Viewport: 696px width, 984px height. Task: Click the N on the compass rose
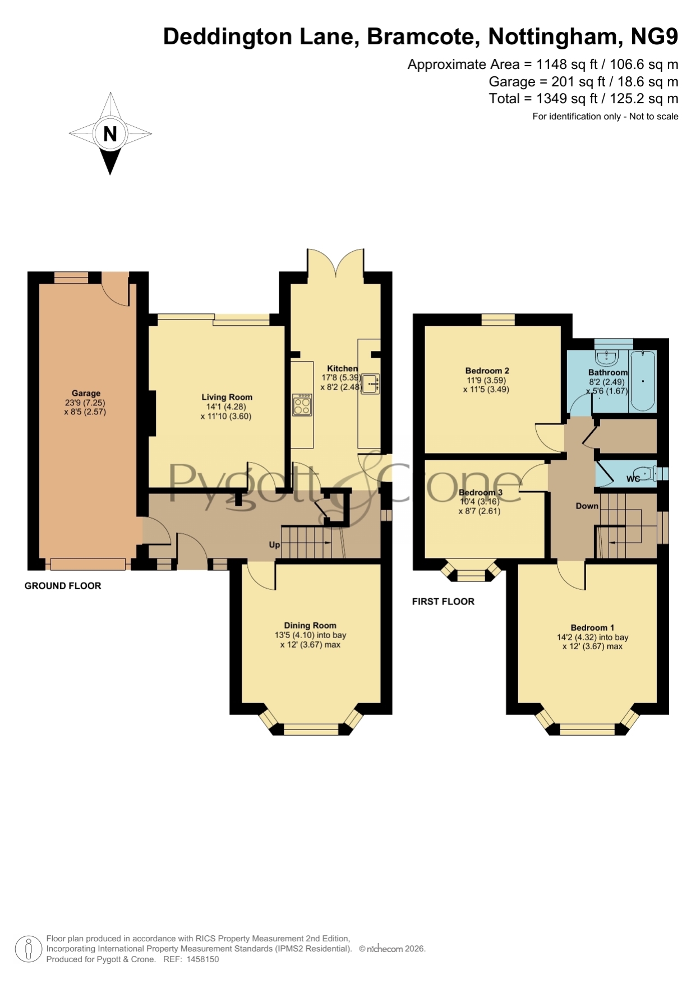click(x=110, y=133)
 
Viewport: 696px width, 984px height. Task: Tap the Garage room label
click(x=86, y=393)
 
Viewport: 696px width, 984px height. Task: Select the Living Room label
click(x=227, y=397)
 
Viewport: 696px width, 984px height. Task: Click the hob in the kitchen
click(x=302, y=404)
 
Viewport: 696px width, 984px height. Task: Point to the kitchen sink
click(x=370, y=384)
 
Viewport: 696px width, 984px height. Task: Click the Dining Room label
click(x=310, y=625)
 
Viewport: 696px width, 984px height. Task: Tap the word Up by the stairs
click(x=274, y=544)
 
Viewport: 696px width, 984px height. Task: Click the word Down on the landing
click(x=587, y=506)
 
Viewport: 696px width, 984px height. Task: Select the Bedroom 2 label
click(x=487, y=371)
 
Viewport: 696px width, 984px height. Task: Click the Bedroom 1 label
click(x=592, y=627)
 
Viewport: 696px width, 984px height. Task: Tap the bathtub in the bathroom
click(x=643, y=381)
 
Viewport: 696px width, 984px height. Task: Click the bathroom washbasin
click(x=606, y=357)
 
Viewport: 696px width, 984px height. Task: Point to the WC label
click(x=633, y=479)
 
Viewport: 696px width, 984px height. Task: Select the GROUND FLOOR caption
click(x=63, y=586)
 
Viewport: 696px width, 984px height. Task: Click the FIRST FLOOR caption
click(x=443, y=602)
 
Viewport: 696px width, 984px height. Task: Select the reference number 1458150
click(x=202, y=959)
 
